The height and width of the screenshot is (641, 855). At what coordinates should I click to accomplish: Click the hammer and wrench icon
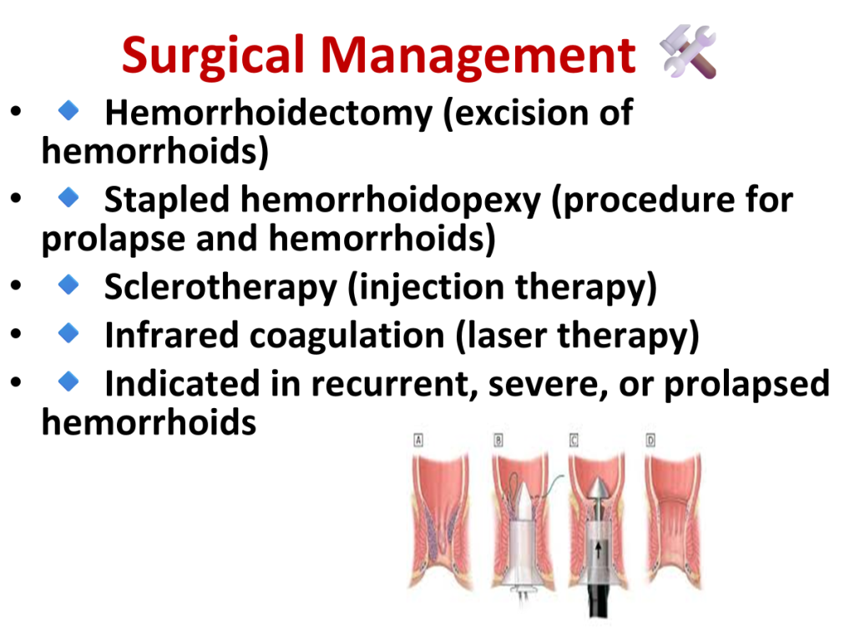coord(688,52)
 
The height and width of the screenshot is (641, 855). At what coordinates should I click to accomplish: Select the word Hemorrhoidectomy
coord(268,114)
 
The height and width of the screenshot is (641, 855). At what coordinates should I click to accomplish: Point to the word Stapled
coord(167,200)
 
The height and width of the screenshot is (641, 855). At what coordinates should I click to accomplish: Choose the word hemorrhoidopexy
coord(391,200)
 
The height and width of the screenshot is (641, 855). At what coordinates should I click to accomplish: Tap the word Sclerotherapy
coord(220,288)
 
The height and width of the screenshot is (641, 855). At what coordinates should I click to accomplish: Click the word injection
coord(426,288)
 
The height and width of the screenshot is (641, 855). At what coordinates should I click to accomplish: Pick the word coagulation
coord(347,336)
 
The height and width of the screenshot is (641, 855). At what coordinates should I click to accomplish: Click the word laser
coord(501,336)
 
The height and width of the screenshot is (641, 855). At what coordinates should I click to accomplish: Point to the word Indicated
coord(182,384)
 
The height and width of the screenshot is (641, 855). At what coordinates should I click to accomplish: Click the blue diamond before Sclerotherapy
coord(68,284)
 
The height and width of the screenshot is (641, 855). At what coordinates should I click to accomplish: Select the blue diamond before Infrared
coord(68,332)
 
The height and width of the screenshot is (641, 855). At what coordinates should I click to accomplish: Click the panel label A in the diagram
coord(418,440)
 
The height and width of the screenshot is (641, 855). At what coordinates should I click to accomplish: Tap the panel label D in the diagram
coord(650,440)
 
